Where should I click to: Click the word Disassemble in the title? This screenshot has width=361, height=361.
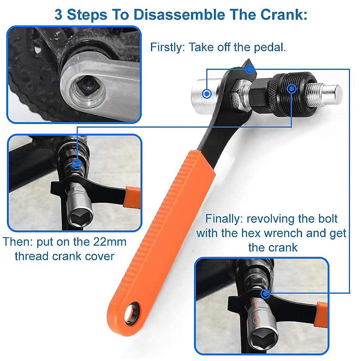pos(179,14)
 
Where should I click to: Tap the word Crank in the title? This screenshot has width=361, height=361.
pos(284,14)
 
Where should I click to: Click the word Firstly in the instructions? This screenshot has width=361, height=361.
pos(167,47)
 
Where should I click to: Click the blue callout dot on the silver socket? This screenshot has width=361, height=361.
pos(207,94)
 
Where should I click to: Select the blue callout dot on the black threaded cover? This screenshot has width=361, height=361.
pos(291,89)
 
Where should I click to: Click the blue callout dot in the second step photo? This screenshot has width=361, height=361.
pos(77,164)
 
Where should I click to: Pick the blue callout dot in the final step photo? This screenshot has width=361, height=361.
pos(265,294)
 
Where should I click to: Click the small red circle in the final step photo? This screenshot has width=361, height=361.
pos(256,319)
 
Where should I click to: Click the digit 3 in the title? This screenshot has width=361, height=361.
pos(58,14)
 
